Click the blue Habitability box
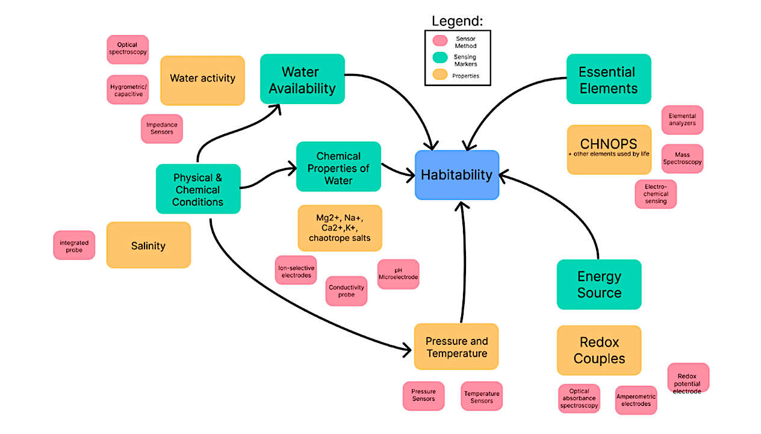(457, 175)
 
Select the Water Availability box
(302, 80)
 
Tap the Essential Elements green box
(608, 79)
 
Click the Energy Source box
(598, 284)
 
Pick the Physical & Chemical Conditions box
(198, 189)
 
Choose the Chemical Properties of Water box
(338, 167)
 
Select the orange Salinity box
(148, 245)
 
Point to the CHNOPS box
(609, 149)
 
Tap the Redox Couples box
(598, 350)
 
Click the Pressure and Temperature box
(456, 347)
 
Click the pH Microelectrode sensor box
(398, 274)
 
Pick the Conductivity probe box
(346, 291)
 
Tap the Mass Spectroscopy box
(682, 158)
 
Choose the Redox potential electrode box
(688, 378)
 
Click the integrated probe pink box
(74, 246)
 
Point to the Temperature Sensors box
(482, 397)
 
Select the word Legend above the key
(458, 21)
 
